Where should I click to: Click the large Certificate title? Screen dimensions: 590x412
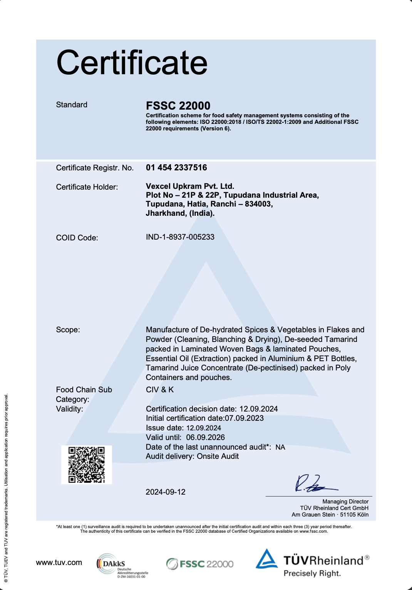(132, 63)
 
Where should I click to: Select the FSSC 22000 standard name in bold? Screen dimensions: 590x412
(178, 106)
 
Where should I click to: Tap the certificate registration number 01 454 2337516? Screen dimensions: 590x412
(176, 168)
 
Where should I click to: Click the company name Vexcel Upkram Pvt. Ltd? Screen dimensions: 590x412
(190, 186)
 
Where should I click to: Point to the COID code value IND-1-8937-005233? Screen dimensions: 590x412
(180, 237)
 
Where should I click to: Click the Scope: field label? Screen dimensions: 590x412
(68, 330)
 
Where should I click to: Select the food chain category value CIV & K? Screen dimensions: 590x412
(160, 390)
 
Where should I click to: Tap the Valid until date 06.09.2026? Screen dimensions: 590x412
(205, 437)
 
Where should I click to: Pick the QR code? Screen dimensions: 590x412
(87, 465)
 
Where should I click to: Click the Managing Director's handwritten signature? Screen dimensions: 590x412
(314, 484)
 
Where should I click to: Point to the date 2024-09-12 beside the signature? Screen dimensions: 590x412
(166, 492)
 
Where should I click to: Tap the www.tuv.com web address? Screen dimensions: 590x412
(59, 562)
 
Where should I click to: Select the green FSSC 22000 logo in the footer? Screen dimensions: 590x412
(200, 564)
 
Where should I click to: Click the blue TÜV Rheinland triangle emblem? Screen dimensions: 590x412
(267, 559)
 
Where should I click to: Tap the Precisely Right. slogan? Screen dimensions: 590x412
(312, 573)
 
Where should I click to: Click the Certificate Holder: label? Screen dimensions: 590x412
(87, 187)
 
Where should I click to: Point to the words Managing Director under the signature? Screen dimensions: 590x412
(345, 502)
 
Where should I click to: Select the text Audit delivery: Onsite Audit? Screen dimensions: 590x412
(192, 456)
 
